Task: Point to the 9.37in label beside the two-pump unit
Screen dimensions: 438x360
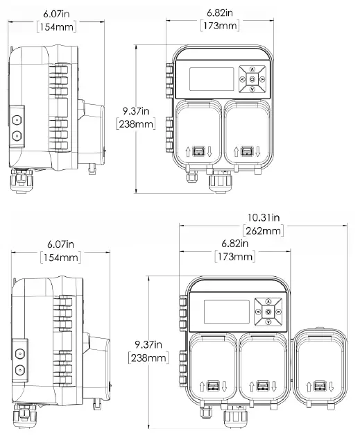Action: pos(135,110)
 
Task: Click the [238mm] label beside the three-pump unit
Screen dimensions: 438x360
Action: pos(148,357)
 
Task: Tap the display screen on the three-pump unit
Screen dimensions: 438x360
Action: pos(225,313)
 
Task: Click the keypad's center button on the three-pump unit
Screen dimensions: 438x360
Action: pos(268,313)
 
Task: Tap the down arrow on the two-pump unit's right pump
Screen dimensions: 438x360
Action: pos(257,151)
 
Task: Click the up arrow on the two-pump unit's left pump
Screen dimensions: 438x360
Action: pos(188,151)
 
